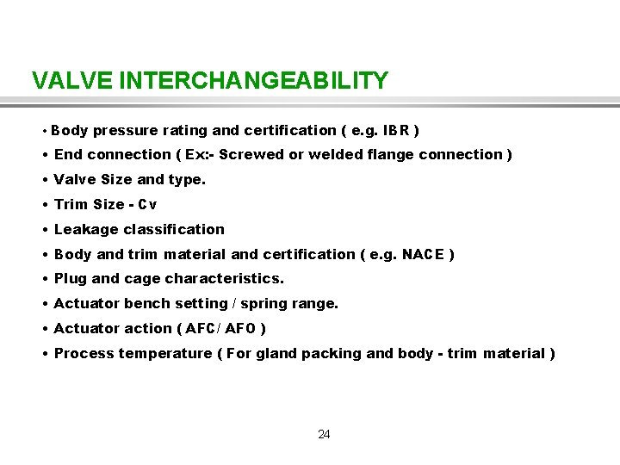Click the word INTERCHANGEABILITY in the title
tap(254, 81)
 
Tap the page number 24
tap(324, 434)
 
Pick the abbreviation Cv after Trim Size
tap(147, 205)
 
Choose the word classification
tap(174, 230)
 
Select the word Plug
tap(71, 279)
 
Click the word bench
tap(145, 304)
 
